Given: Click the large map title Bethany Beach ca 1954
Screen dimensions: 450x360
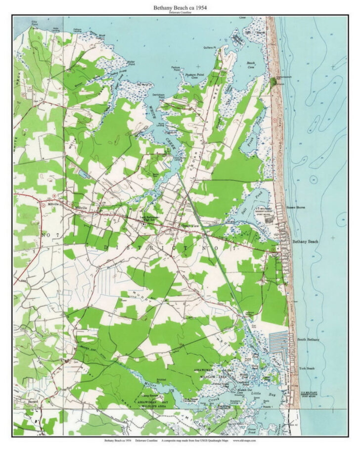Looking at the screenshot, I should (x=180, y=7).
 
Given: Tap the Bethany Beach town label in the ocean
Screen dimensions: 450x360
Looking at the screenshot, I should (x=306, y=242).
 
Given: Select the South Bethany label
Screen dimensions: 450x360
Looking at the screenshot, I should (x=308, y=340).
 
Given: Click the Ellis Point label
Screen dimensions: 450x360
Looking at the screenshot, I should (x=35, y=23).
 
